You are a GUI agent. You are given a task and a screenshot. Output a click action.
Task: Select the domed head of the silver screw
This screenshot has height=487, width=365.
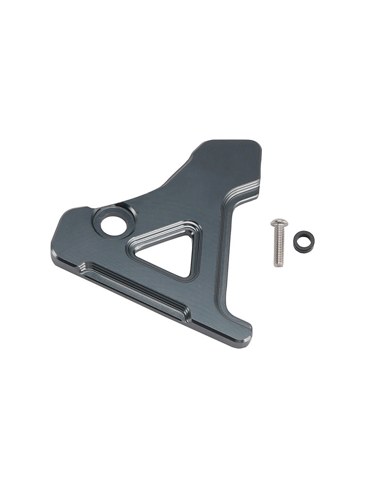click(x=279, y=224)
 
